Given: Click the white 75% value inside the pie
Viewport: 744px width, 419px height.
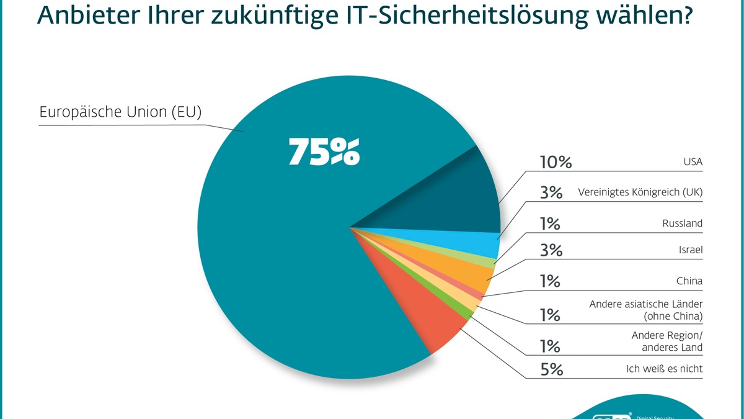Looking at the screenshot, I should click(x=324, y=152).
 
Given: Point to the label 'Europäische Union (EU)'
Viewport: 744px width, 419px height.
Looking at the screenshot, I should click(x=120, y=112).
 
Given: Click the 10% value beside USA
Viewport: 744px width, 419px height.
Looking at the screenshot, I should click(x=556, y=163).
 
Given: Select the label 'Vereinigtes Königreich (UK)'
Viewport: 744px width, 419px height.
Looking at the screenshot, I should click(x=640, y=192).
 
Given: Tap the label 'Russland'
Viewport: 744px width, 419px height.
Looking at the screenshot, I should click(x=682, y=223).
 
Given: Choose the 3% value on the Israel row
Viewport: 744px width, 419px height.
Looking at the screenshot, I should click(x=551, y=251).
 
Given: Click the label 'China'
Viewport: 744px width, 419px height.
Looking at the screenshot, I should click(x=689, y=281).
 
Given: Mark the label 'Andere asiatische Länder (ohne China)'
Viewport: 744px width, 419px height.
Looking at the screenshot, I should click(x=645, y=310).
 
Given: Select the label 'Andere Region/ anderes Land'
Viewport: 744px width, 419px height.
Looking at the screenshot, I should click(x=666, y=341).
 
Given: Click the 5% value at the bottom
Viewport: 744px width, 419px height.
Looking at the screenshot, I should click(x=551, y=369).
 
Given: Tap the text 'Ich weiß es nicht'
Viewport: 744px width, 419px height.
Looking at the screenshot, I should click(x=664, y=369).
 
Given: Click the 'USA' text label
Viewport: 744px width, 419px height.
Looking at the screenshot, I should click(x=692, y=163).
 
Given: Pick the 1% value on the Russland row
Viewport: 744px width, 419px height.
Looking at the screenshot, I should click(x=549, y=223).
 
